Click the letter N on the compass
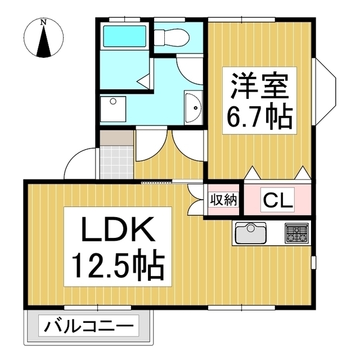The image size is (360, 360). click(x=43, y=22)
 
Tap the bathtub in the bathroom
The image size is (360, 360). click(x=125, y=36)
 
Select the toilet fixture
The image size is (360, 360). click(x=171, y=38)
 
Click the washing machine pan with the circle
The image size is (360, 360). click(x=113, y=109)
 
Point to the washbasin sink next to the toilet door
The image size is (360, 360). click(x=193, y=107)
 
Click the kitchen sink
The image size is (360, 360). click(x=251, y=233)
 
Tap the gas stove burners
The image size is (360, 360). click(x=296, y=233)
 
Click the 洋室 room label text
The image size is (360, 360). click(x=259, y=86)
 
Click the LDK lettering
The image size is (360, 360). click(x=118, y=229)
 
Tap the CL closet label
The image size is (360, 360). click(x=278, y=200)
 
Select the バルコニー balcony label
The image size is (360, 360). click(x=89, y=326)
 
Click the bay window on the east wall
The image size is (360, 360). click(x=324, y=92)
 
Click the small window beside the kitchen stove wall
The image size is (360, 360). click(x=314, y=262)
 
